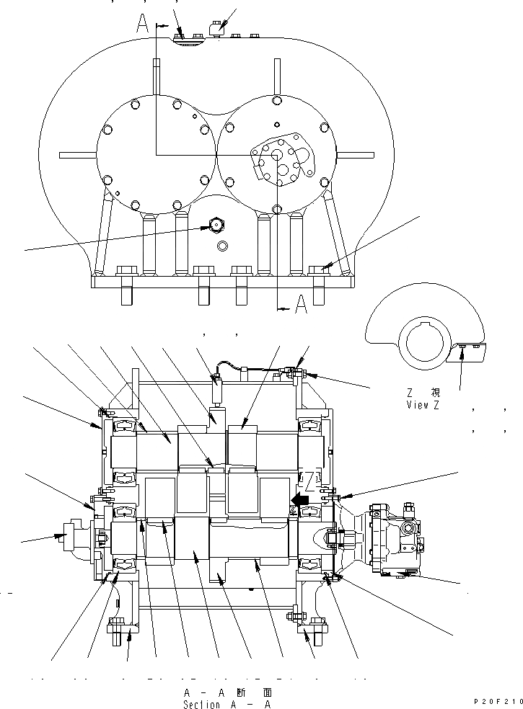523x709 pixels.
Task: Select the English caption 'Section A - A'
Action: (x=227, y=704)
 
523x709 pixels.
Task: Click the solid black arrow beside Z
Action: (x=297, y=498)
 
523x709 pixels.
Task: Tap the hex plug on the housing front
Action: (x=215, y=224)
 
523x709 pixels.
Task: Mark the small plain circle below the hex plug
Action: (x=221, y=245)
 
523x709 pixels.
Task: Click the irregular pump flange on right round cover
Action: (x=282, y=163)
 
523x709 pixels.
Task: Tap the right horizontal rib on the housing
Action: (x=356, y=153)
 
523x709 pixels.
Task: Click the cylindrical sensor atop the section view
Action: (x=216, y=392)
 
